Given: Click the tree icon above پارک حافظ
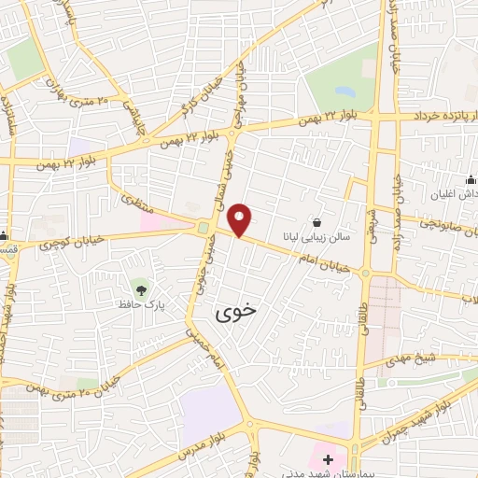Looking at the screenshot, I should point(140,287).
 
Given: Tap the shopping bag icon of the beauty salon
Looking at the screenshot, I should point(319,223).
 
